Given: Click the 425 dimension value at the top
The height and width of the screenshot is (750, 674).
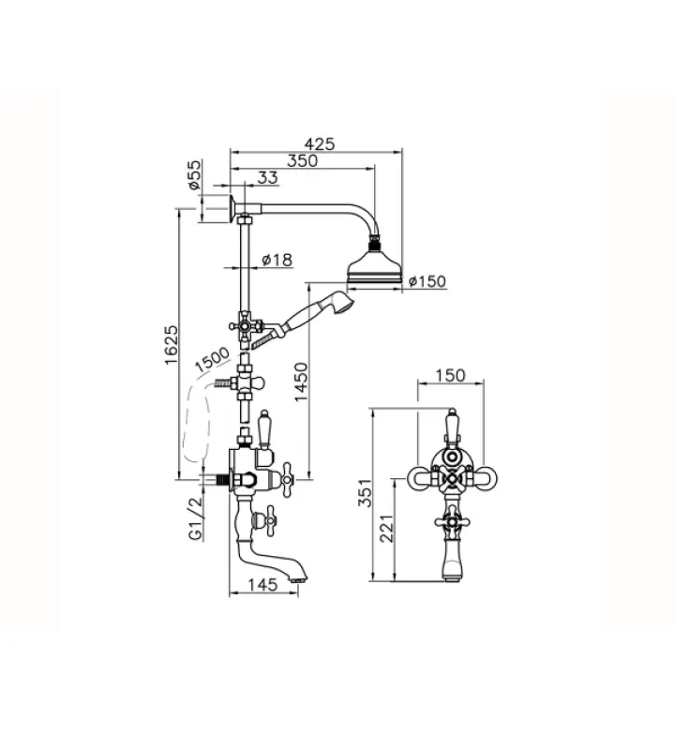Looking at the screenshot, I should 321,143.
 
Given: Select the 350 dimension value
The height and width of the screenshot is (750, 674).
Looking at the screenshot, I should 302,160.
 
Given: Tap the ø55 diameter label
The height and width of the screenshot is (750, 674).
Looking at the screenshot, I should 194,176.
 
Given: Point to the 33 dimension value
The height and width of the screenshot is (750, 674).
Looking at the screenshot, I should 267,178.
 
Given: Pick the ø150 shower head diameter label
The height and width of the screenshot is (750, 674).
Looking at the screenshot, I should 427,280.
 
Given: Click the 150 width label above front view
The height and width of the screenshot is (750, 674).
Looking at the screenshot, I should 451,376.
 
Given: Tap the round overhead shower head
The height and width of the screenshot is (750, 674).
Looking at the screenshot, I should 375,267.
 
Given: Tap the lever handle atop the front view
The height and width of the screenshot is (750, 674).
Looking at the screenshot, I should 452,427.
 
